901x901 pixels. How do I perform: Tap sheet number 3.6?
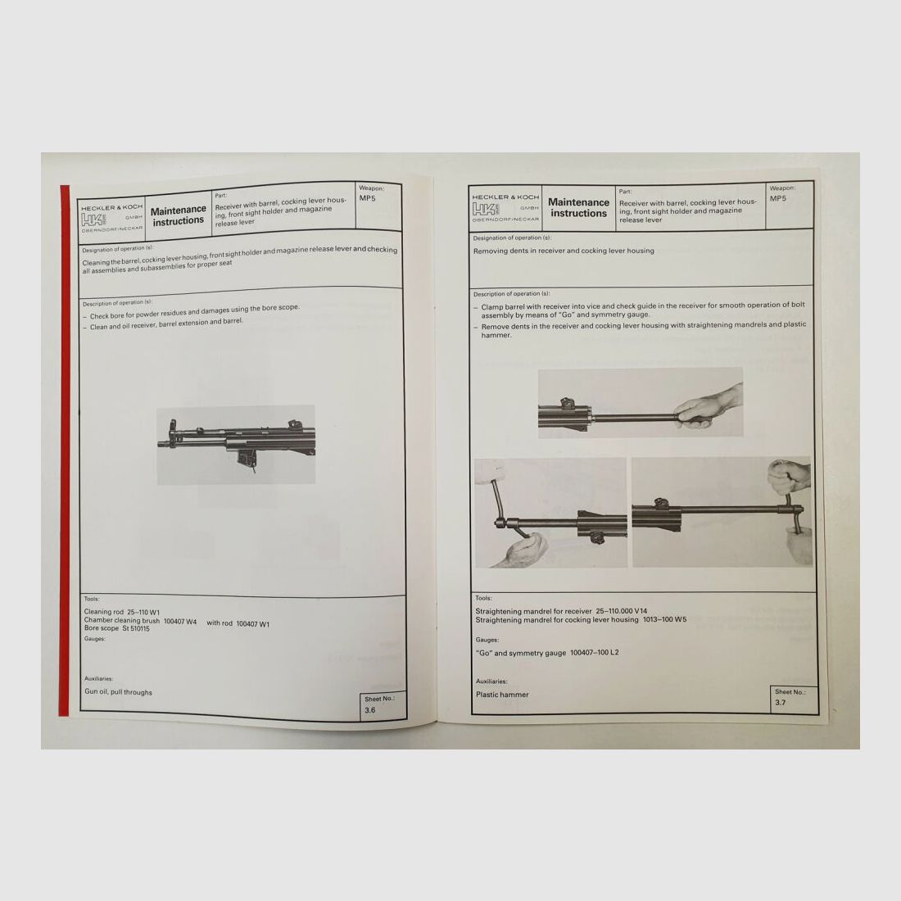(370, 710)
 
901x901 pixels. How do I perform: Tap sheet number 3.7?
(780, 702)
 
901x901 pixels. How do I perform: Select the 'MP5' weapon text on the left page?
(367, 197)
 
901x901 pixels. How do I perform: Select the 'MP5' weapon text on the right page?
(779, 197)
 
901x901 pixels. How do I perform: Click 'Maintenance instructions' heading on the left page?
(179, 215)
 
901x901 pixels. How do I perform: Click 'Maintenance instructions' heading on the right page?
(578, 207)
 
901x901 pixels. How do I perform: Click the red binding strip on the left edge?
(65, 450)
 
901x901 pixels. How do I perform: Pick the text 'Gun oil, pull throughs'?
(118, 692)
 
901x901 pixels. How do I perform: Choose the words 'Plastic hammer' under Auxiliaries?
(502, 695)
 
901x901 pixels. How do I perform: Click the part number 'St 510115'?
(137, 628)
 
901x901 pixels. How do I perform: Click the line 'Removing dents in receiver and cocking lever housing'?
(564, 251)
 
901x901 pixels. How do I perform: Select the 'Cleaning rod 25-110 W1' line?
(121, 612)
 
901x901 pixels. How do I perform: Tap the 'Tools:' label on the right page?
(483, 599)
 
